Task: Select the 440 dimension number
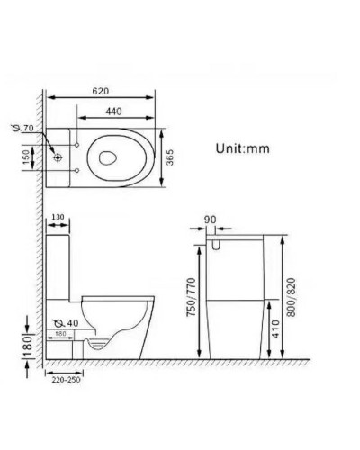tap(113, 111)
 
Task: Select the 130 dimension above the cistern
tap(57, 218)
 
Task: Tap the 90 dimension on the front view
tap(210, 218)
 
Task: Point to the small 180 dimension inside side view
tap(60, 334)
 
